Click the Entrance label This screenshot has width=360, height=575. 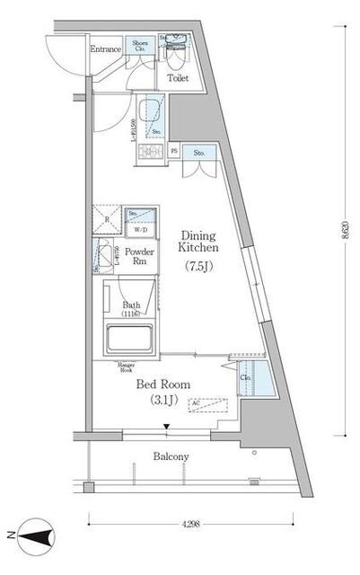106,49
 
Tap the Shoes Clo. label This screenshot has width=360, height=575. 140,47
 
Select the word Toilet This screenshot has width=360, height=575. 178,77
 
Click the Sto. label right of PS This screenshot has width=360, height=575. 198,154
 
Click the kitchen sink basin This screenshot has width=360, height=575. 152,112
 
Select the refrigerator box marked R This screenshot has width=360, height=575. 107,220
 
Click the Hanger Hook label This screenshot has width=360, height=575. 127,367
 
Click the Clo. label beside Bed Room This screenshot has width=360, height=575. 245,377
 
